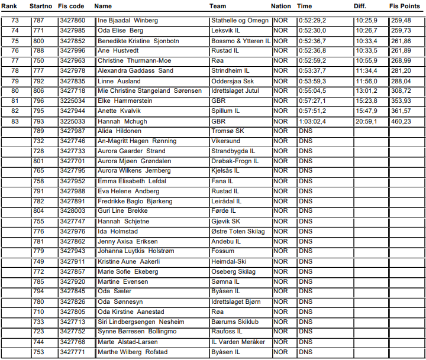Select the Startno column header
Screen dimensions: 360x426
click(x=41, y=6)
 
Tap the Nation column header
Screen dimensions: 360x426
click(x=281, y=6)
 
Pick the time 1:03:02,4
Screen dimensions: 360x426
click(x=311, y=121)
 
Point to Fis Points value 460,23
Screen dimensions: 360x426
click(x=401, y=121)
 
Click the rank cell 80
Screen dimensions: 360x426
click(x=15, y=91)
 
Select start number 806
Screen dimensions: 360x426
click(x=38, y=91)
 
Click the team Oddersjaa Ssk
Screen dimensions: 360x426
click(x=233, y=81)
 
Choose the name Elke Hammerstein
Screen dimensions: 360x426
click(x=125, y=101)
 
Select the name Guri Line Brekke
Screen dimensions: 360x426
click(x=122, y=211)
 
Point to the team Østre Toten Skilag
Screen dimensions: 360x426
click(x=237, y=231)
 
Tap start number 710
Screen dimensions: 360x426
click(x=38, y=312)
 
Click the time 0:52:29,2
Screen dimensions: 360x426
click(x=311, y=20)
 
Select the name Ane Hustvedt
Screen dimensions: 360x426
click(x=118, y=50)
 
